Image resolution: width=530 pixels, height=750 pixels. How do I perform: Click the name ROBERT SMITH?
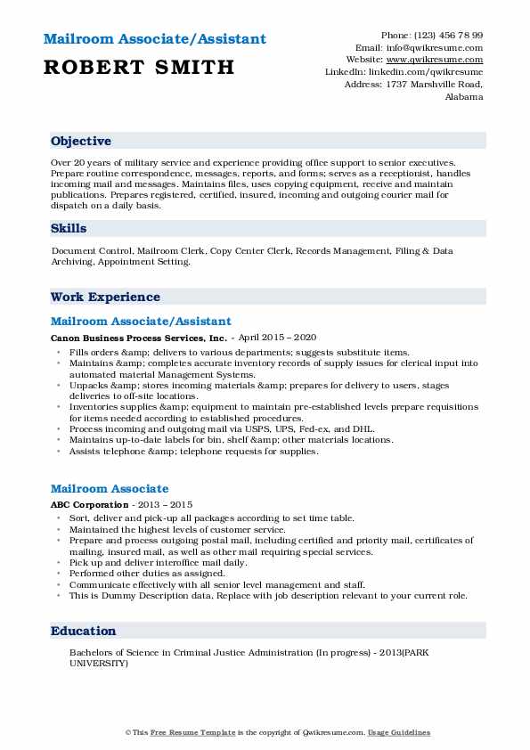138,67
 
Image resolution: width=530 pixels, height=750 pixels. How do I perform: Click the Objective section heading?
81,142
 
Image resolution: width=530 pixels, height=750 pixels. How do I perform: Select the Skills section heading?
69,229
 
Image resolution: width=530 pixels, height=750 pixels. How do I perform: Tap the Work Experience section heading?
105,297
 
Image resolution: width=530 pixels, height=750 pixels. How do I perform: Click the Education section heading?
84,631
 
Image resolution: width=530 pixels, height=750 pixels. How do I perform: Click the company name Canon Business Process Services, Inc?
139,338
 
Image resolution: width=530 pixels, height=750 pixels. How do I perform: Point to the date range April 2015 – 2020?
277,338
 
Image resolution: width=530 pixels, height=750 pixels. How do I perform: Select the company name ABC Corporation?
90,505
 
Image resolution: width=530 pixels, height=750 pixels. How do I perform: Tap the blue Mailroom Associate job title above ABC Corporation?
110,489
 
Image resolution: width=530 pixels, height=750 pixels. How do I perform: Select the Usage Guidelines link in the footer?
399,732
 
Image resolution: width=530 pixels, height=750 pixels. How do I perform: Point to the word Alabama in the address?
463,96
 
